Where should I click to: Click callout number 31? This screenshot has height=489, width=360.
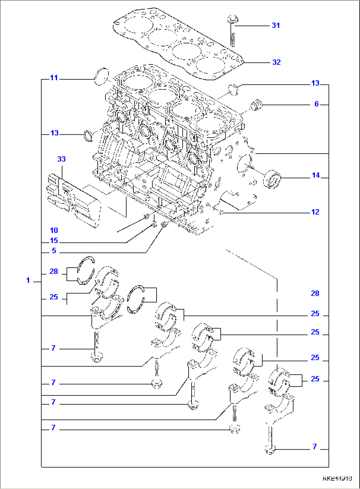(x=276, y=25)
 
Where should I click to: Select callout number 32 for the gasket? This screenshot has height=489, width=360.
(x=276, y=62)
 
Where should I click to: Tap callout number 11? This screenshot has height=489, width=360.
(x=54, y=78)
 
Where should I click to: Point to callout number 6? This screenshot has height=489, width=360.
(x=316, y=104)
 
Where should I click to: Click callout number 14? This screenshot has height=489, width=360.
(x=316, y=175)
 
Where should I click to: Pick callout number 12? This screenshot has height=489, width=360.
(x=315, y=212)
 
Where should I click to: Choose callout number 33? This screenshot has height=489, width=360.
(x=61, y=159)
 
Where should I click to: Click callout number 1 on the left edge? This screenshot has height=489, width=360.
(x=28, y=281)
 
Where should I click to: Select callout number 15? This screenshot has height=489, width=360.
(x=54, y=241)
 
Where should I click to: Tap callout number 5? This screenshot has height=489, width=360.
(x=54, y=251)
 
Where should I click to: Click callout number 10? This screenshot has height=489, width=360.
(x=54, y=230)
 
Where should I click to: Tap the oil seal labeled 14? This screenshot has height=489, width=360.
(x=272, y=179)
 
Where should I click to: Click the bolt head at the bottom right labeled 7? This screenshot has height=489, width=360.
(x=270, y=449)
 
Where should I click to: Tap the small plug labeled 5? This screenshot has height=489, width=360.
(x=164, y=225)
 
